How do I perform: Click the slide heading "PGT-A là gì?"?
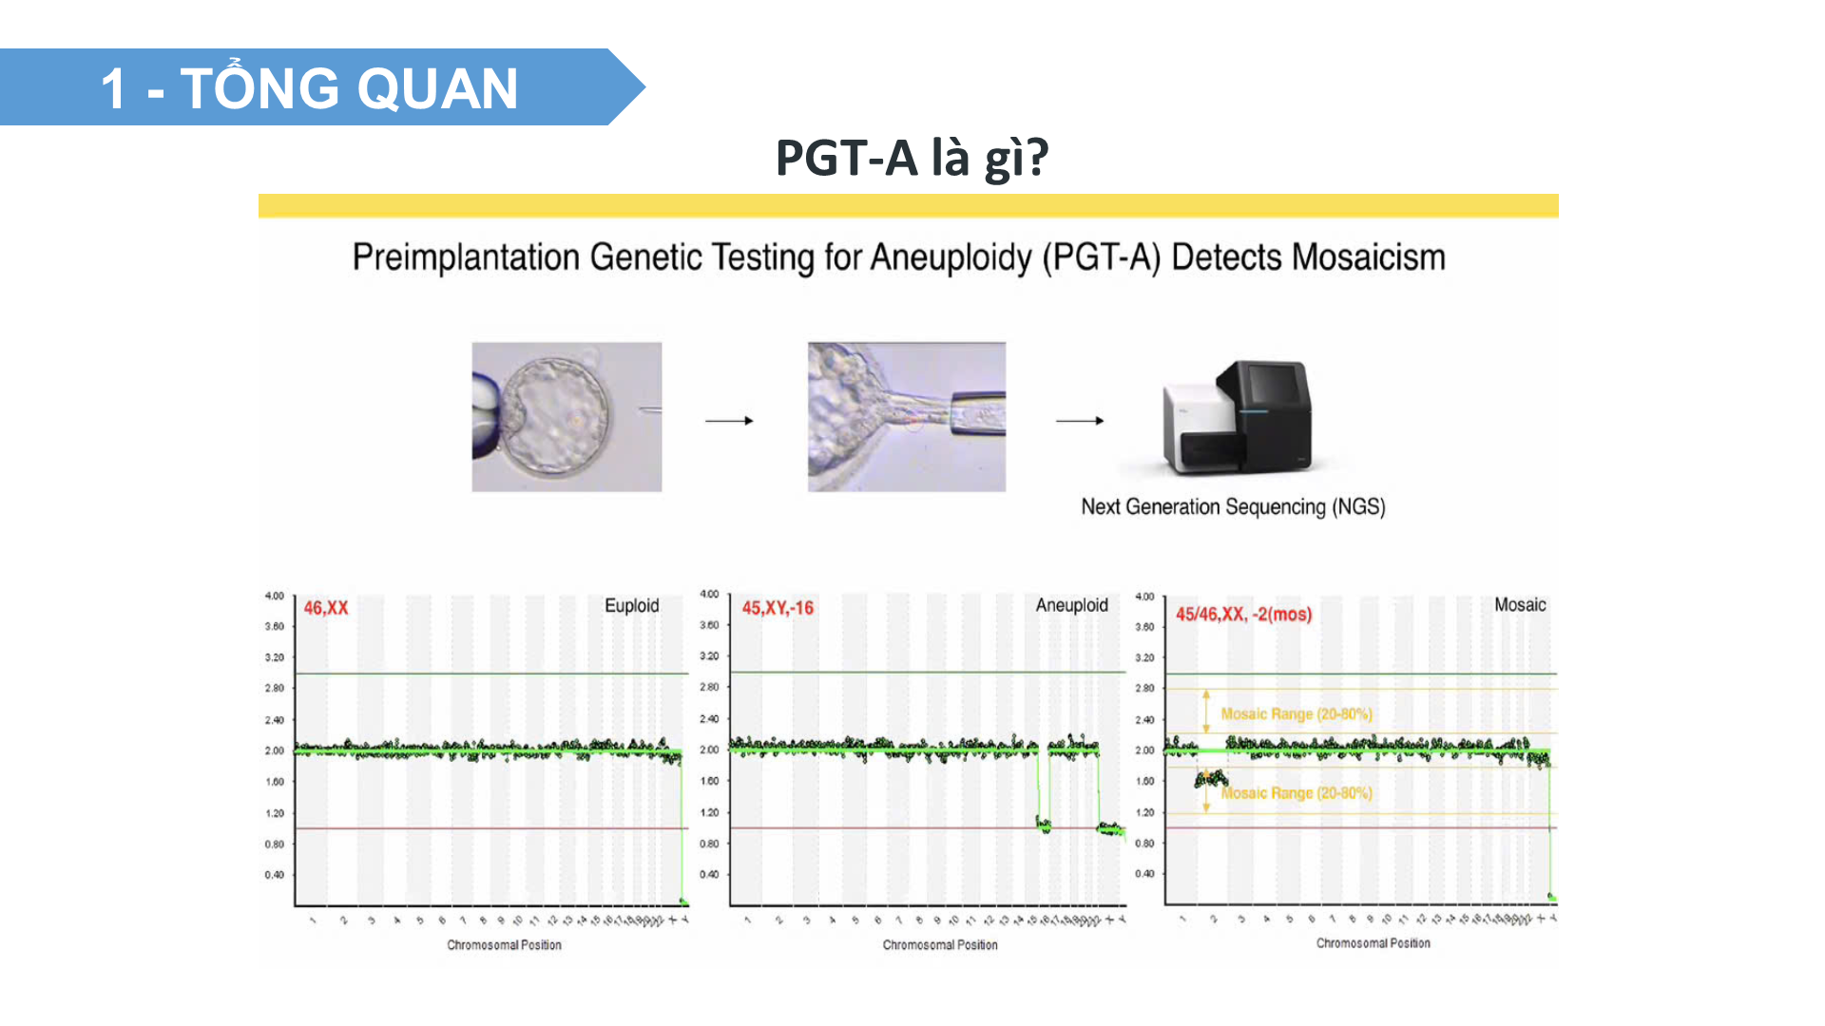coord(912,158)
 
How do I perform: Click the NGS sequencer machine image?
coord(1236,417)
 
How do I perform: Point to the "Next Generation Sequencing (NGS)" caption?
coord(1233,507)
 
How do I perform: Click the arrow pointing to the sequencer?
coord(1080,420)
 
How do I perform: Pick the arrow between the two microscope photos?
coord(729,420)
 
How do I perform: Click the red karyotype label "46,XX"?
coord(326,608)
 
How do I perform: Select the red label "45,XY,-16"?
coord(778,608)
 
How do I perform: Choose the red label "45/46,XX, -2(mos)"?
coord(1243,615)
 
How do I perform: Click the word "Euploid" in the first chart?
coord(631,606)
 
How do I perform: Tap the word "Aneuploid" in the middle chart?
coord(1071,605)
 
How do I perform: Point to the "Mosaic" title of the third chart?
coord(1520,605)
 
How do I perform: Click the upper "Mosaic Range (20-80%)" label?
coord(1297,714)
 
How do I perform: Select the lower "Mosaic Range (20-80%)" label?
coord(1297,793)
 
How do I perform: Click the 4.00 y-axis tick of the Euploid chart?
coord(275,596)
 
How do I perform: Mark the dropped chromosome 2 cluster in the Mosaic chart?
coord(1211,779)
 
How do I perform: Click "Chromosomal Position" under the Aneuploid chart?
coord(940,945)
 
